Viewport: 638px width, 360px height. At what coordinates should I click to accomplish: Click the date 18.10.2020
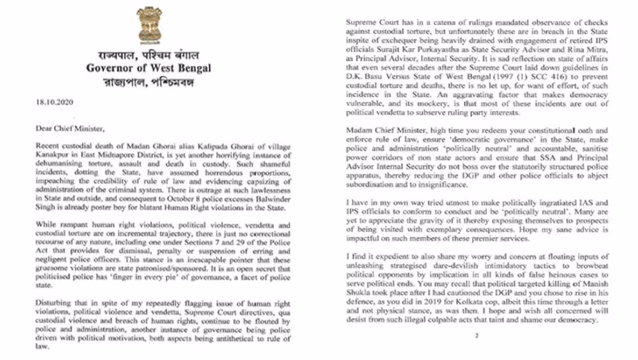pos(54,103)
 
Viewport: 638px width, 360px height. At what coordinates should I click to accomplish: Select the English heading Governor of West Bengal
pos(149,68)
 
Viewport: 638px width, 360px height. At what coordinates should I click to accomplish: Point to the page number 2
pos(477,336)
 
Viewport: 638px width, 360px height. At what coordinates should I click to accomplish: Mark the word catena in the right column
pos(438,23)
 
